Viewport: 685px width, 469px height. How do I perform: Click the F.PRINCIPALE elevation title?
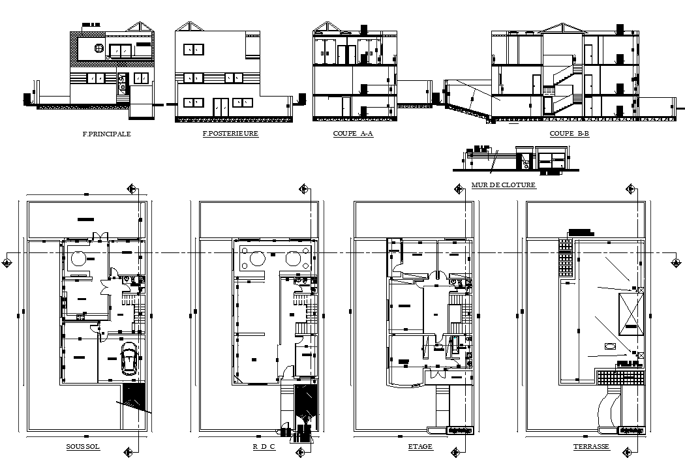106,134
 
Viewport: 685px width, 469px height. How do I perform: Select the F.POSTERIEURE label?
230,134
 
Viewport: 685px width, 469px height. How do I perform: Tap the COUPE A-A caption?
352,134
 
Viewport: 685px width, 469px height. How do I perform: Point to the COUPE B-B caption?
569,134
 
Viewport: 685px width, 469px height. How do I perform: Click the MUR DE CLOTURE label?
503,185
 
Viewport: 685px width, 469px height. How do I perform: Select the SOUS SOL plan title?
83,447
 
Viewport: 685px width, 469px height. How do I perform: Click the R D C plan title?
264,447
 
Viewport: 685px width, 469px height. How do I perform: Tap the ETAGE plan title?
420,447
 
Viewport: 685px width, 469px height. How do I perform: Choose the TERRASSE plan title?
591,447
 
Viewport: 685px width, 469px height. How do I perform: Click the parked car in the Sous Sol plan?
129,359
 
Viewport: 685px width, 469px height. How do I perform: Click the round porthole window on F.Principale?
99,48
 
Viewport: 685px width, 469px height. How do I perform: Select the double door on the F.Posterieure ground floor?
221,106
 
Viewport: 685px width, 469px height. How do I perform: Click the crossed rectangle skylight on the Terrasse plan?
631,314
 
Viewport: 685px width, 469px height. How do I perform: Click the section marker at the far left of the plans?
7,262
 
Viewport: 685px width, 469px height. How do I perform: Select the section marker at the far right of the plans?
674,262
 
